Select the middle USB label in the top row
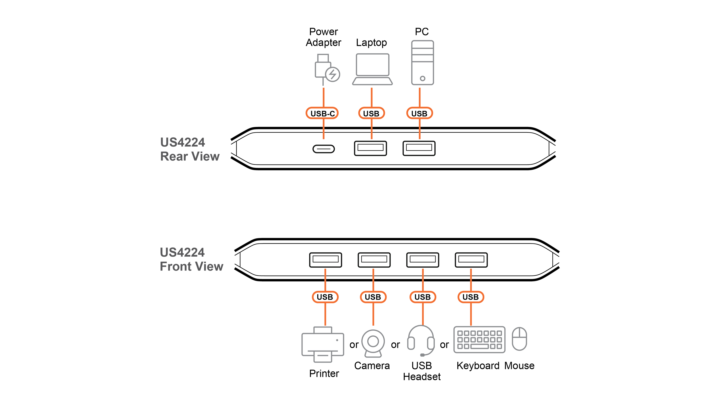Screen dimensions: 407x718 click(x=371, y=113)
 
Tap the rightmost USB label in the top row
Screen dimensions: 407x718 click(x=419, y=113)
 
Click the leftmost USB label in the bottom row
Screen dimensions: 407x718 click(x=325, y=297)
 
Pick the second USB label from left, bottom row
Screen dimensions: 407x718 click(x=373, y=297)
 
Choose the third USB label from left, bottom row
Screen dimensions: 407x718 click(x=422, y=297)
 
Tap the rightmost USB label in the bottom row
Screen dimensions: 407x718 click(x=471, y=297)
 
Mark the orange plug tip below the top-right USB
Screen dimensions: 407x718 click(x=420, y=136)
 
